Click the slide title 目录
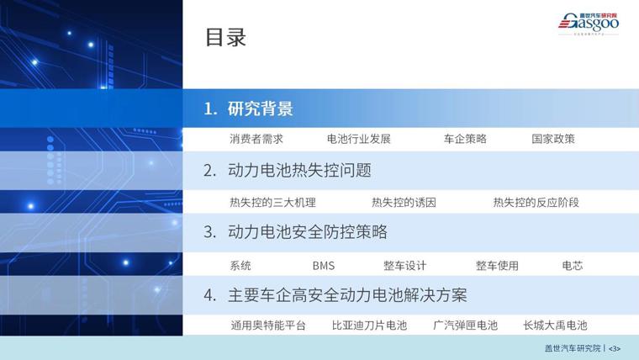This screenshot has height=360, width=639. point(226,37)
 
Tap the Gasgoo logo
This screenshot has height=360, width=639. point(589,24)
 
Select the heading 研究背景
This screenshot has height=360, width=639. point(261,109)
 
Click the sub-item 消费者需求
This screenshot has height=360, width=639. point(256,139)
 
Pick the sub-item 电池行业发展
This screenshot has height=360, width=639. point(359,139)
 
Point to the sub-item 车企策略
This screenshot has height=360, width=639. point(465,139)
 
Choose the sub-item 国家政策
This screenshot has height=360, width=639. point(553,139)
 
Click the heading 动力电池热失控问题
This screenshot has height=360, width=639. point(299,170)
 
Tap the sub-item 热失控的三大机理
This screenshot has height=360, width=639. point(272,202)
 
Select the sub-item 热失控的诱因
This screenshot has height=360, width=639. point(404,202)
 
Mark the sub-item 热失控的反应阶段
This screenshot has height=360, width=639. point(536,202)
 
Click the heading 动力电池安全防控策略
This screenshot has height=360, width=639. point(308,231)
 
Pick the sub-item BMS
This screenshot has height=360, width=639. point(324,266)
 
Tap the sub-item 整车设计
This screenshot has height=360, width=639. point(404,266)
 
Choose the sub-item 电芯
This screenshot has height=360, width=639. point(573,266)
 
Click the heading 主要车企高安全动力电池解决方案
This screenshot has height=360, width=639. point(347,294)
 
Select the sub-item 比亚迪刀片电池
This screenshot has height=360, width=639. point(369,325)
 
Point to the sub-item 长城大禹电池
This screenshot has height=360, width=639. point(555,325)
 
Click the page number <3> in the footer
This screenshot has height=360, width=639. point(615,348)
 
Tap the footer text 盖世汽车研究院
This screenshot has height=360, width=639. point(573,348)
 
